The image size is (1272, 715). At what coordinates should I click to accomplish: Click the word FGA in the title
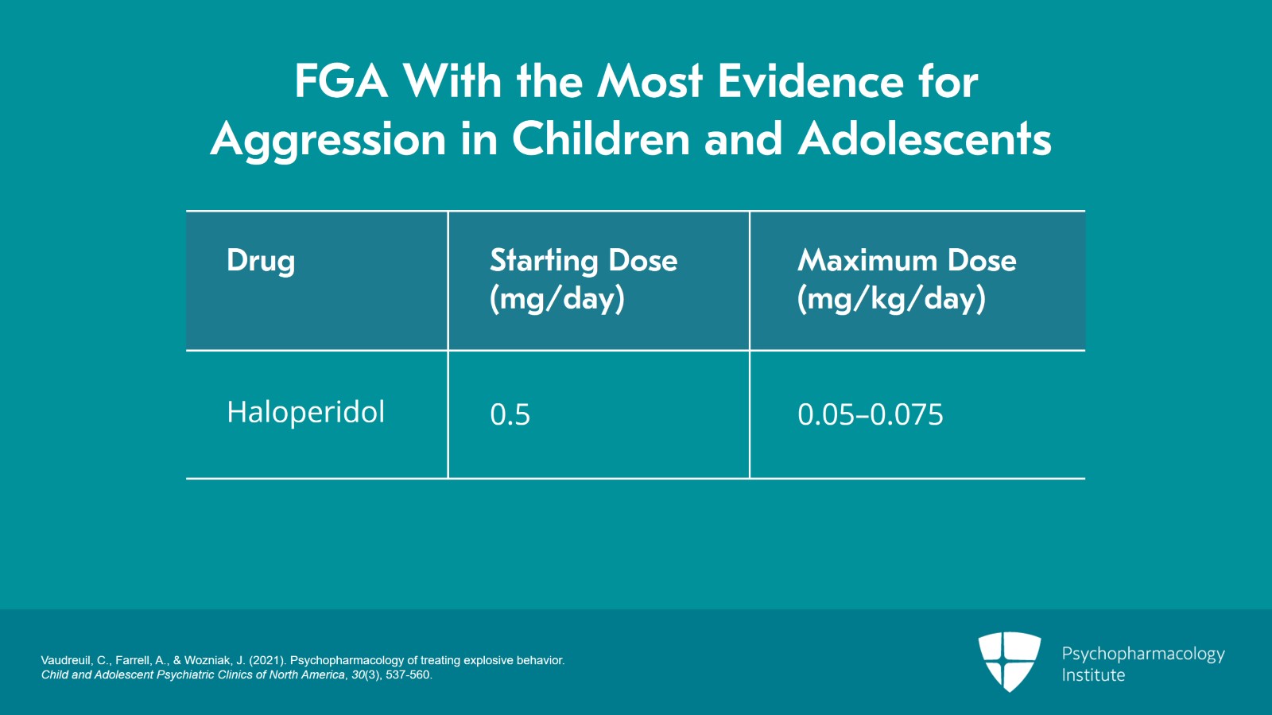(x=340, y=82)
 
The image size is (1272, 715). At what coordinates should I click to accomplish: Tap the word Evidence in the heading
(x=810, y=82)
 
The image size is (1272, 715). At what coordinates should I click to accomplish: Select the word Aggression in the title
(x=328, y=140)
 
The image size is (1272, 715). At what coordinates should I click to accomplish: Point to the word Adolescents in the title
(x=925, y=140)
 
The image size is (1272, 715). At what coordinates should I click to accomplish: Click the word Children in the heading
(x=600, y=140)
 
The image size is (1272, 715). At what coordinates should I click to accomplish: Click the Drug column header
(x=261, y=261)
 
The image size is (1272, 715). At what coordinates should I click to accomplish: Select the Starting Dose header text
(x=584, y=261)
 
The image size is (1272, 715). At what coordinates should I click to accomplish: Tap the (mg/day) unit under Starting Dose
(x=557, y=299)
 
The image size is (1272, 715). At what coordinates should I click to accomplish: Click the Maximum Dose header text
(x=906, y=261)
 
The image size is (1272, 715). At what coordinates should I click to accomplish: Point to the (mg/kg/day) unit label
(x=891, y=299)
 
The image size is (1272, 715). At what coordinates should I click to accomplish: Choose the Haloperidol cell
(x=305, y=413)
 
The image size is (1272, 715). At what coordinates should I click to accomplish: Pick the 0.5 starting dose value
(x=510, y=415)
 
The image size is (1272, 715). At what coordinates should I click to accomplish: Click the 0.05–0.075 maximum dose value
(x=870, y=415)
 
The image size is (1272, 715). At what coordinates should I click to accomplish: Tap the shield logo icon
(x=1009, y=661)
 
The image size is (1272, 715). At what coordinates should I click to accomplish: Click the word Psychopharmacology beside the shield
(x=1142, y=654)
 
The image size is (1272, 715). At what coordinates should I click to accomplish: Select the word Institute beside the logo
(x=1093, y=675)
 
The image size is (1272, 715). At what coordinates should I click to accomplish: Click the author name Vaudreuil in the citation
(x=66, y=660)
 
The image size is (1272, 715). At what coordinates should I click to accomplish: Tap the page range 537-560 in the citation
(x=408, y=675)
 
